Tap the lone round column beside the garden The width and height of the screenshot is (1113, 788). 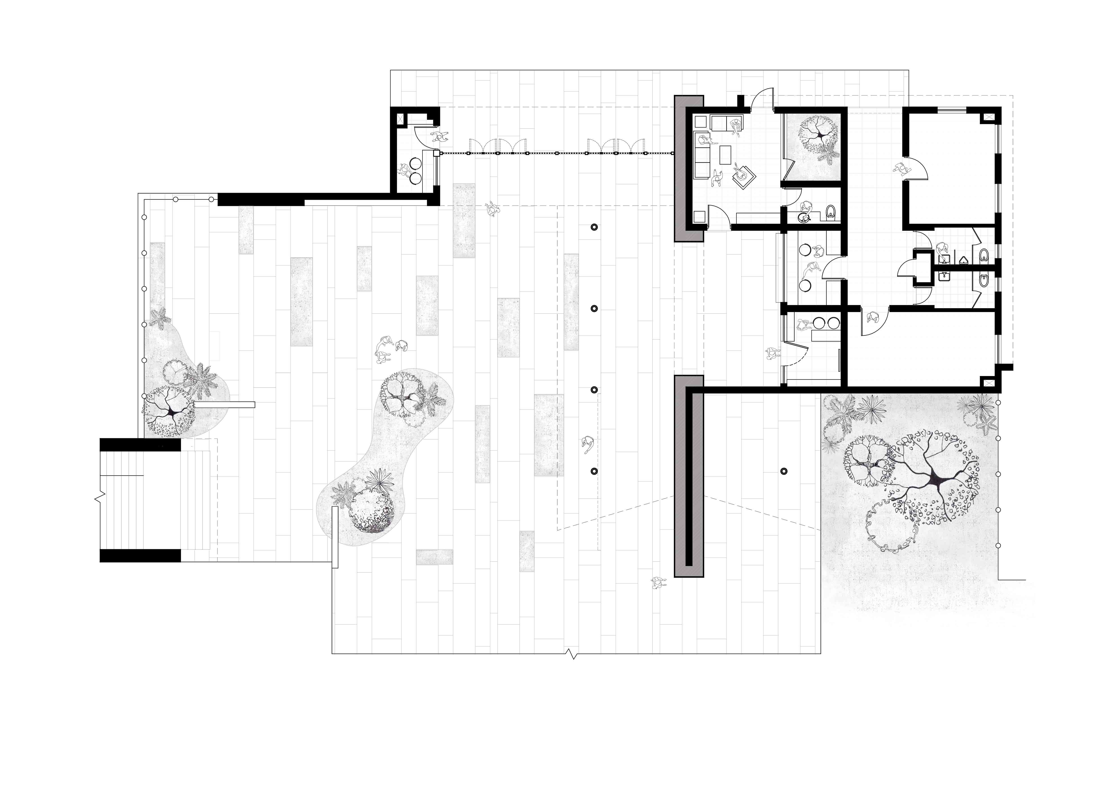click(784, 471)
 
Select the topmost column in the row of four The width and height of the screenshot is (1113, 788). click(594, 227)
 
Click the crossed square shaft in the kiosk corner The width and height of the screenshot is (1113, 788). click(401, 119)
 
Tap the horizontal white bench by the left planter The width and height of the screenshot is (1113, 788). click(224, 405)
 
